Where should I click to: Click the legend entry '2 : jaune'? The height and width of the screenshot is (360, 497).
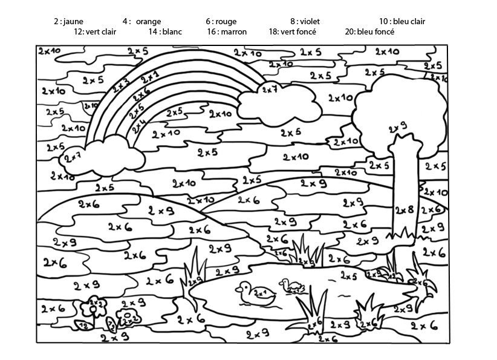click(x=68, y=21)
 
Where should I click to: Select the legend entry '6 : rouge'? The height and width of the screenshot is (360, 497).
click(x=221, y=21)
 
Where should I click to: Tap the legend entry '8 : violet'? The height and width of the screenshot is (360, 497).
click(x=305, y=21)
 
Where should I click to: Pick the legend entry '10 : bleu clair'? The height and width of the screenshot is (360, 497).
click(x=402, y=21)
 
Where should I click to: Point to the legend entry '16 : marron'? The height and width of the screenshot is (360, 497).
click(x=227, y=31)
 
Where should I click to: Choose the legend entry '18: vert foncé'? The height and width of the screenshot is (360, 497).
click(x=293, y=31)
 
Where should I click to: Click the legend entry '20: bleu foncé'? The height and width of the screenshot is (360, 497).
click(x=369, y=31)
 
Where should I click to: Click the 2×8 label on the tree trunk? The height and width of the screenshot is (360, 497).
click(x=404, y=210)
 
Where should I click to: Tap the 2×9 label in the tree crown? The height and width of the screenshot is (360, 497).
click(x=397, y=127)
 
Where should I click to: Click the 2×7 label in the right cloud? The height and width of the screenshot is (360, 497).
click(x=269, y=90)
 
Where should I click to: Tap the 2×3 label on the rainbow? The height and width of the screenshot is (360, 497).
click(x=120, y=85)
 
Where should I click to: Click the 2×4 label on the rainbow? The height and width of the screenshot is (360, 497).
click(x=139, y=126)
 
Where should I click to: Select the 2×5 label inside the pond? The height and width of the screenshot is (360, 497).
click(x=348, y=276)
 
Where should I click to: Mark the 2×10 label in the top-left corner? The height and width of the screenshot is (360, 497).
click(x=48, y=51)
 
